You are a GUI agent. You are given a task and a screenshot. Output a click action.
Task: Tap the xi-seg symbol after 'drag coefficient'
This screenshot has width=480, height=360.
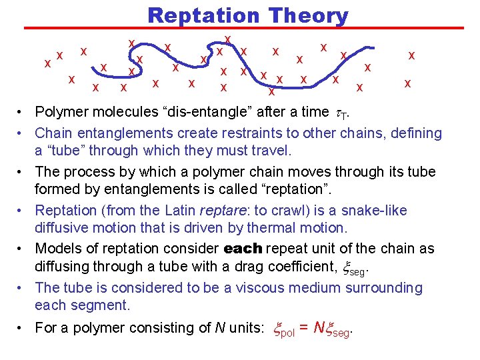click(x=353, y=268)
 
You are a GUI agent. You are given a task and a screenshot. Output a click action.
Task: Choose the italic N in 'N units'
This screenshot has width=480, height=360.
click(x=220, y=327)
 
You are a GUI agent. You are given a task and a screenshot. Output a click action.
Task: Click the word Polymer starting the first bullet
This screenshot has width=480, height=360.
click(x=61, y=112)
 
